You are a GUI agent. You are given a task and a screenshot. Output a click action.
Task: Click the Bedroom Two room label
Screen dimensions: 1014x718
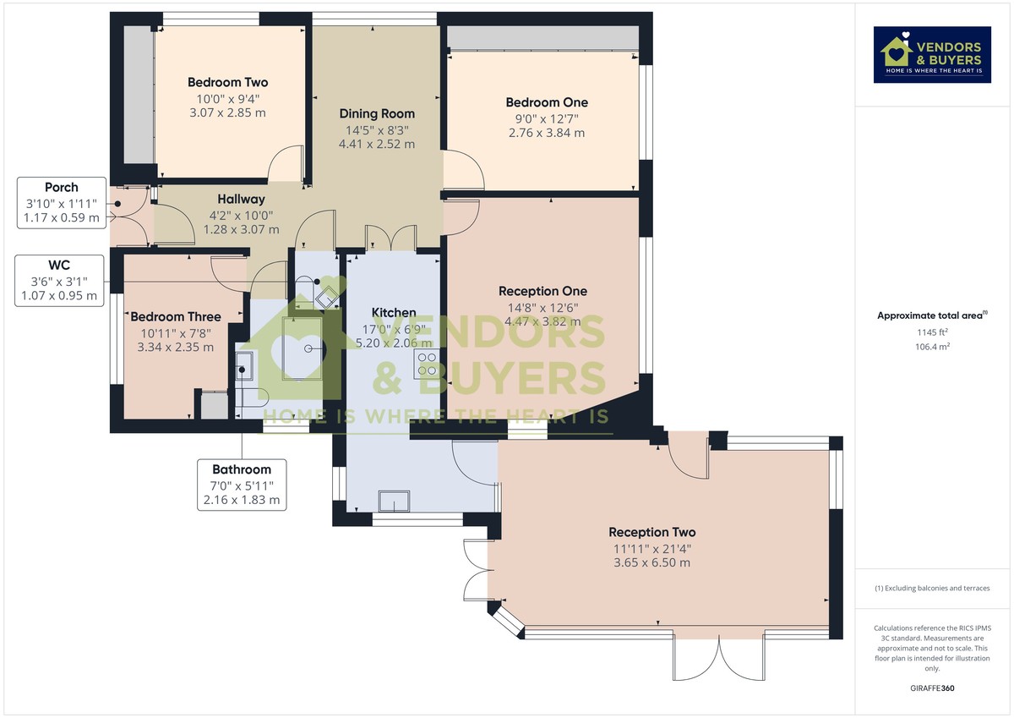tap(227, 82)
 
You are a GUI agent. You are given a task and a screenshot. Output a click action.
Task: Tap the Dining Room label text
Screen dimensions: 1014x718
tap(377, 113)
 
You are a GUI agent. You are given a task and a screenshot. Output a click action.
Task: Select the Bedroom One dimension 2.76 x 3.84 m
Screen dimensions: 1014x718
tap(547, 133)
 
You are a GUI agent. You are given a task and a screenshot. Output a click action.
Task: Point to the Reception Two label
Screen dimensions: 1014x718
tap(651, 532)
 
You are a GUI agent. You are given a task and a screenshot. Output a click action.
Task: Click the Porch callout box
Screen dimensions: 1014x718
tap(62, 202)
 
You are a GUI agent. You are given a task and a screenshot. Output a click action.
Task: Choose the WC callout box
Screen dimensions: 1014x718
tap(59, 281)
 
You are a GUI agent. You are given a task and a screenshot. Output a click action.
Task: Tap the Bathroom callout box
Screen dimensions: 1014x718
tap(242, 485)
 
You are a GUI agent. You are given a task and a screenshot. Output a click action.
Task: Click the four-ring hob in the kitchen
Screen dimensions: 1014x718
tap(427, 364)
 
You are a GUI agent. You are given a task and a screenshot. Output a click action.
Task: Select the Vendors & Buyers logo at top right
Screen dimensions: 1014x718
tap(932, 55)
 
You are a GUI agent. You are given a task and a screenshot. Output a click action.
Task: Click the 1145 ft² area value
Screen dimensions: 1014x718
tap(933, 332)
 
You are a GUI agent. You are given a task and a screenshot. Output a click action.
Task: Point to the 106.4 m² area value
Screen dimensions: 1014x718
tap(933, 347)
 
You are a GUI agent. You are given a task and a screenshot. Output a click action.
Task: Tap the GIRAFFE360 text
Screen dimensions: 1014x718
tap(932, 688)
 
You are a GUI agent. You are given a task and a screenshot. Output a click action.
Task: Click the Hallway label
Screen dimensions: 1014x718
tap(241, 200)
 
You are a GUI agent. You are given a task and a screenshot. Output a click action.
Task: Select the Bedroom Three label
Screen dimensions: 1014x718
tap(176, 316)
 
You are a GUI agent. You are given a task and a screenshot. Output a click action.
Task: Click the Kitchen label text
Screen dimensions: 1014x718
tap(394, 313)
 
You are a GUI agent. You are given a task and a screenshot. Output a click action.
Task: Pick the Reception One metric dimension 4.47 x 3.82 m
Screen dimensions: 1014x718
tap(542, 321)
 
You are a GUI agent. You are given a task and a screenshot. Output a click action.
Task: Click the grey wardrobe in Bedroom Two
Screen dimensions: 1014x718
tap(139, 94)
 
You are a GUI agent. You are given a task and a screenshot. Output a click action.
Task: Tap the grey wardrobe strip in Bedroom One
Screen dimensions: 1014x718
tap(542, 38)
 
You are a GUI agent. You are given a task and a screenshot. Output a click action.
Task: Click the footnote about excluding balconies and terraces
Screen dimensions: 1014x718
tap(932, 588)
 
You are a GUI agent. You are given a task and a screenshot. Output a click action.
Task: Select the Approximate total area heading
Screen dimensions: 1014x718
tap(932, 315)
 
